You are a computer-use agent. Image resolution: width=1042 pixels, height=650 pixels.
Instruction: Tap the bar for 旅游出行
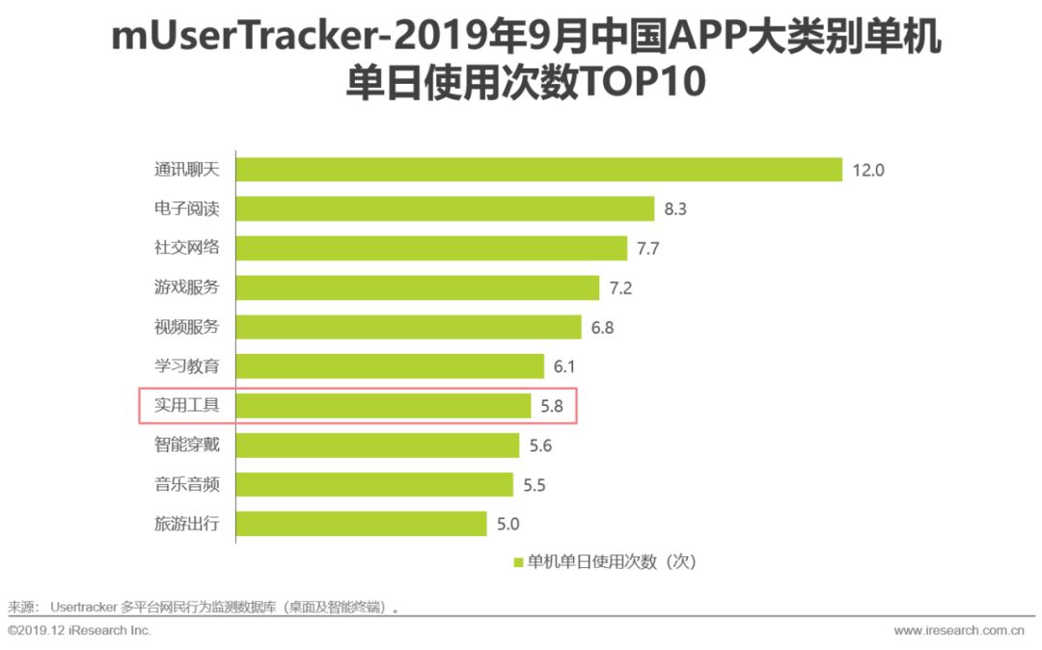click(x=362, y=524)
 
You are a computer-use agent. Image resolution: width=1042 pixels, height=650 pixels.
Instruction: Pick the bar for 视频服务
click(x=409, y=327)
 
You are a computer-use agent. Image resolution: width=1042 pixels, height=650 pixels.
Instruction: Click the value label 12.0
click(x=868, y=171)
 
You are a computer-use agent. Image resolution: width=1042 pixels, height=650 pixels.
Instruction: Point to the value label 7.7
click(x=647, y=249)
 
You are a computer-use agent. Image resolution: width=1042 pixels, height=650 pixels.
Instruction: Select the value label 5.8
click(x=551, y=406)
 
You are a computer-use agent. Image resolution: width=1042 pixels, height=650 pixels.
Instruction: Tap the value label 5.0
click(x=507, y=525)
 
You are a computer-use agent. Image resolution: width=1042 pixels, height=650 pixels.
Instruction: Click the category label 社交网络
click(x=187, y=248)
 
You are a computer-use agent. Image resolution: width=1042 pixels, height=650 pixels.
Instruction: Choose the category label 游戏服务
click(x=187, y=287)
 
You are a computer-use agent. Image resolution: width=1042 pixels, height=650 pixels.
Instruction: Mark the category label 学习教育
click(x=187, y=366)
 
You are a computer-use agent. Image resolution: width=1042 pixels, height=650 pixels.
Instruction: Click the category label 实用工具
click(x=187, y=406)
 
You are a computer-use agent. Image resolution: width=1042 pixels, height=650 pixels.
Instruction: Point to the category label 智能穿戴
click(x=187, y=445)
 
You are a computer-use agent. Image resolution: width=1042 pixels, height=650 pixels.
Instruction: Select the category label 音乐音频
click(x=187, y=484)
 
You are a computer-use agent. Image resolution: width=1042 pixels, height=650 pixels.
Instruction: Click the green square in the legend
click(x=518, y=562)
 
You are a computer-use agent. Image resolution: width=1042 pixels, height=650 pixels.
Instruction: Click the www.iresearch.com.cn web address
click(x=958, y=631)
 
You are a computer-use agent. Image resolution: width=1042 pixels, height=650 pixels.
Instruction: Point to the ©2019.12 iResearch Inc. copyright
click(x=80, y=631)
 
